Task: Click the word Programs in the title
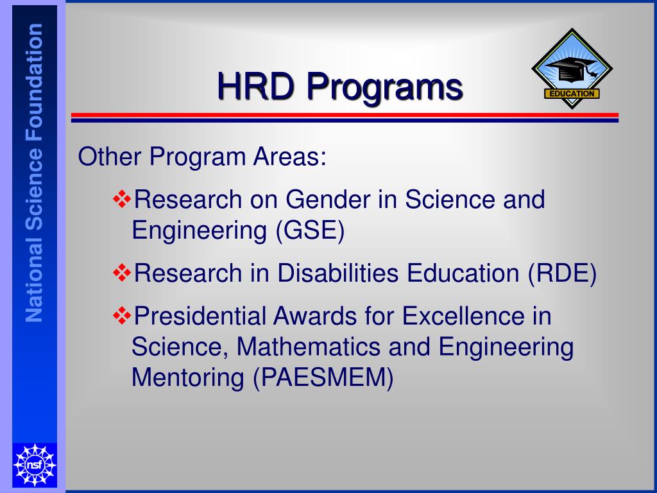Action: pos(384,87)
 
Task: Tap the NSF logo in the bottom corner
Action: pos(35,464)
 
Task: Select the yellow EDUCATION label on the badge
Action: pos(572,94)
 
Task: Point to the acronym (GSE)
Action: pos(311,230)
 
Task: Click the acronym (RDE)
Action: pos(562,273)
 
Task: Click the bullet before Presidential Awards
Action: pos(121,315)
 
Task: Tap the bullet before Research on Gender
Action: pos(121,200)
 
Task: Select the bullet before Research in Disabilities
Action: pos(121,273)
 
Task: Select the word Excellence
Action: pos(455,316)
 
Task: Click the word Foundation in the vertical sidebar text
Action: pos(35,78)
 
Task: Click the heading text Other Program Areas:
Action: pos(202,157)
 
